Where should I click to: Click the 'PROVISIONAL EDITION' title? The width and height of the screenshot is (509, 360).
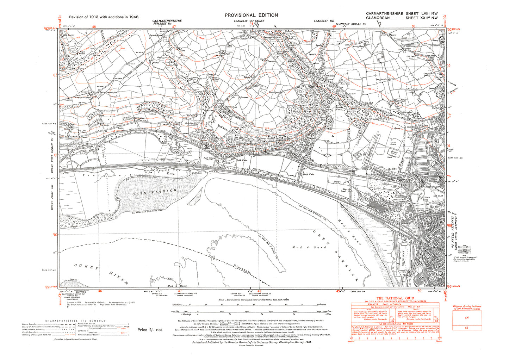pyautogui.click(x=251, y=15)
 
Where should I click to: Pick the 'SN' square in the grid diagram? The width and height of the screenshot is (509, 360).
pyautogui.click(x=467, y=317)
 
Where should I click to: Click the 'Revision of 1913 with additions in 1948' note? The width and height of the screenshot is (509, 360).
pyautogui.click(x=104, y=17)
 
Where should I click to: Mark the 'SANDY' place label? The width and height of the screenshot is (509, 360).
pyautogui.click(x=392, y=169)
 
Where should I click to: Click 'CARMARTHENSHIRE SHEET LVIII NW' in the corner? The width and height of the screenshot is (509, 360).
pyautogui.click(x=402, y=13)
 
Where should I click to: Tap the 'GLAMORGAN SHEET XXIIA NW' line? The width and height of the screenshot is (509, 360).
pyautogui.click(x=402, y=18)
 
